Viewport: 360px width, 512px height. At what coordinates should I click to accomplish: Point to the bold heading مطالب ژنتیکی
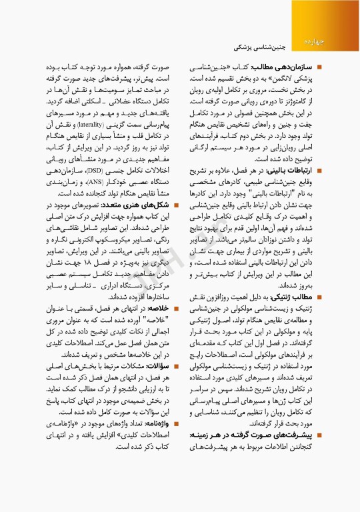[293, 296]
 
